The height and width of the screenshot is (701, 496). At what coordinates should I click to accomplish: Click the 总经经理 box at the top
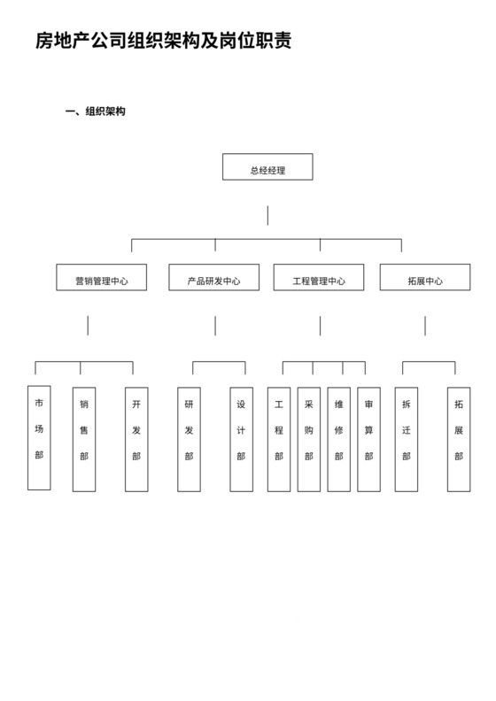[x=267, y=167]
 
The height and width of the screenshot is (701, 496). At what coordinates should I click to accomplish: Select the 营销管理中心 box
[x=101, y=277]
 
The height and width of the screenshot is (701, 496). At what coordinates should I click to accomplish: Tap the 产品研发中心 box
[x=213, y=277]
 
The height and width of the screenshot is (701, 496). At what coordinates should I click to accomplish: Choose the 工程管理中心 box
[x=319, y=277]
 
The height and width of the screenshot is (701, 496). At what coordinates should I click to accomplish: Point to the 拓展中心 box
[x=424, y=277]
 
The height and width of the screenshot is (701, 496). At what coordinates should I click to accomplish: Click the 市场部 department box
[x=39, y=437]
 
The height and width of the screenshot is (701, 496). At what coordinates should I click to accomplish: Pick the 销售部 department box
[x=83, y=439]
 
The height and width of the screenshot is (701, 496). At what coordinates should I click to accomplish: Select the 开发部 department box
[x=136, y=439]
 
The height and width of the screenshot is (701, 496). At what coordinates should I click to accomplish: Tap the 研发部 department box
[x=189, y=439]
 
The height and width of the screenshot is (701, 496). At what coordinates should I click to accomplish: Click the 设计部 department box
[x=241, y=439]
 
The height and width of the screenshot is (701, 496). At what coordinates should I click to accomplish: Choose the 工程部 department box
[x=278, y=439]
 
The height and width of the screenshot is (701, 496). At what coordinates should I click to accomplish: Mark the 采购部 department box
[x=308, y=439]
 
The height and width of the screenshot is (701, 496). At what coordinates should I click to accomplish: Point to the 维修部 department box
[x=338, y=439]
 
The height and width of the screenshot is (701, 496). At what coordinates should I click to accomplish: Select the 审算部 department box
[x=368, y=439]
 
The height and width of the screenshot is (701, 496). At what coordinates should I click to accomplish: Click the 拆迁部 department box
[x=406, y=439]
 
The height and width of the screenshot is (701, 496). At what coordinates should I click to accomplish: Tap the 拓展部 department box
[x=458, y=439]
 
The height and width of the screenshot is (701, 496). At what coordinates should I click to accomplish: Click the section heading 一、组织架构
[x=96, y=112]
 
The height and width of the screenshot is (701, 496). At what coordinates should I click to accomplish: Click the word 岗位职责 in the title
[x=260, y=41]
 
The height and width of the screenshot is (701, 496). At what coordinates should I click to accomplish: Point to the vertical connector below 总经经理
[x=267, y=215]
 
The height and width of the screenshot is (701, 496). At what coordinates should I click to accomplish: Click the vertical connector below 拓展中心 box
[x=425, y=326]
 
